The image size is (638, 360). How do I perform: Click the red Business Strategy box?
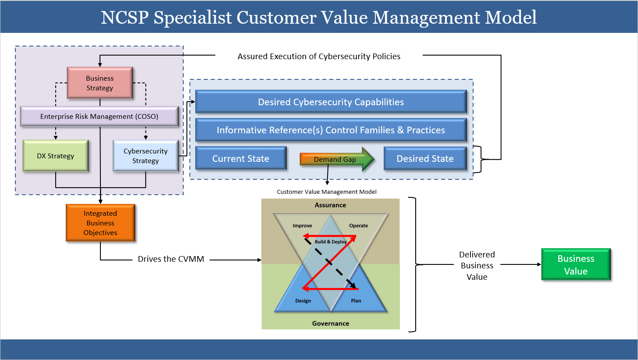pyautogui.click(x=100, y=83)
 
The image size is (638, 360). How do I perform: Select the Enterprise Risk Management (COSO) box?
pyautogui.click(x=99, y=117)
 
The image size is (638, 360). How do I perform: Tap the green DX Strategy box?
pyautogui.click(x=55, y=156)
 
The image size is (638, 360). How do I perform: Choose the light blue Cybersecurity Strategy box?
pyautogui.click(x=146, y=156)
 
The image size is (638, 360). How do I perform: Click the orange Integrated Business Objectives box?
pyautogui.click(x=100, y=223)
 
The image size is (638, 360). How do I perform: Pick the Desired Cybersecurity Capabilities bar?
pyautogui.click(x=331, y=102)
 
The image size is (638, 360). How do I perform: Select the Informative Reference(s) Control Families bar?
pyautogui.click(x=331, y=130)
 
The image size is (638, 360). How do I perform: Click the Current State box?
pyautogui.click(x=241, y=159)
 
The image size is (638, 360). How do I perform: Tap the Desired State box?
pyautogui.click(x=425, y=159)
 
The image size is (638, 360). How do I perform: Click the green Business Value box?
pyautogui.click(x=576, y=265)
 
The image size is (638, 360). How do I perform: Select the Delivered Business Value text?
pyautogui.click(x=477, y=266)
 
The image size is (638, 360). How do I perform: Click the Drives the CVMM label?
pyautogui.click(x=171, y=259)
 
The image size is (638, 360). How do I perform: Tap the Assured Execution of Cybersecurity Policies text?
pyautogui.click(x=319, y=56)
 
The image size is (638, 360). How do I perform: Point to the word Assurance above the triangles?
pyautogui.click(x=330, y=205)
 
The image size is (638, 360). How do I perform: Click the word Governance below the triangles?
pyautogui.click(x=331, y=324)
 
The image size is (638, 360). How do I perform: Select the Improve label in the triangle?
pyautogui.click(x=303, y=226)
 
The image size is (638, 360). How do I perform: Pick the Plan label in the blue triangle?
pyautogui.click(x=356, y=301)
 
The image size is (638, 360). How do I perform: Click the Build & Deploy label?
pyautogui.click(x=331, y=242)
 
